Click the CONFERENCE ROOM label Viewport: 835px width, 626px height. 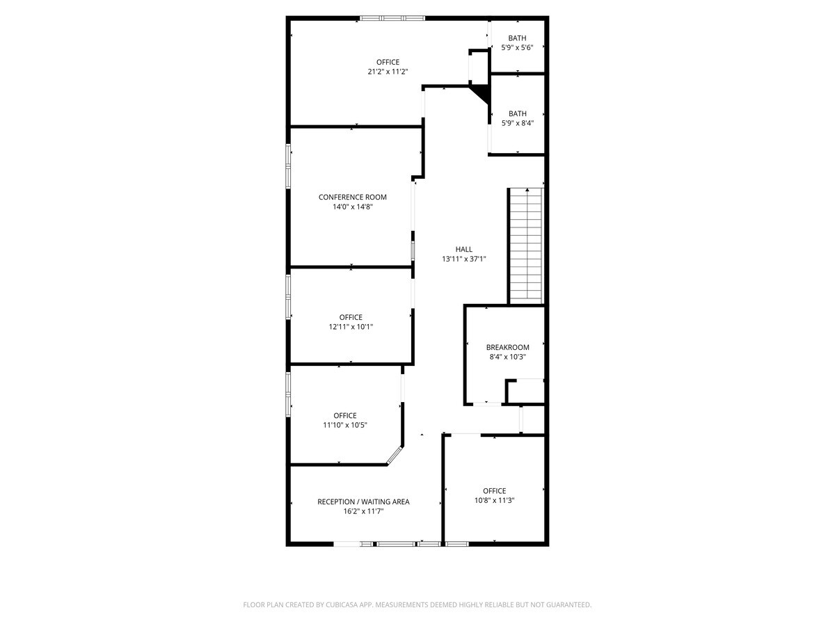pos(353,197)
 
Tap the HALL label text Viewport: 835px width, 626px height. pos(464,249)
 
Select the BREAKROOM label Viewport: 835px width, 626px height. pos(508,347)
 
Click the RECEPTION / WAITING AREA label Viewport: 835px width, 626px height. pos(363,501)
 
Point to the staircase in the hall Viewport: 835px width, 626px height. pos(525,245)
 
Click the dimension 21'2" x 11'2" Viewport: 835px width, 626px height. pos(388,72)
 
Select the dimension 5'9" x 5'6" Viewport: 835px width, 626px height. pos(518,48)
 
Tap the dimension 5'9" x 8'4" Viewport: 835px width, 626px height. pos(518,123)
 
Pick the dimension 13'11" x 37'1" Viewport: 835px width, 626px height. pos(464,259)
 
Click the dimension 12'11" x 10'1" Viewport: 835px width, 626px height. pos(351,327)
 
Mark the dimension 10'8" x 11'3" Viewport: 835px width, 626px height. pos(495,500)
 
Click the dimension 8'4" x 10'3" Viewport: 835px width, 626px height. pos(508,357)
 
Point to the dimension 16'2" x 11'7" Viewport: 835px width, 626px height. pos(363,511)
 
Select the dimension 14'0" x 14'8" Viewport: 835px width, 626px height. pos(353,207)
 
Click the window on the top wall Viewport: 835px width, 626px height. pos(392,18)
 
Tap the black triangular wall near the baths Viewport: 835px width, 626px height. pos(481,93)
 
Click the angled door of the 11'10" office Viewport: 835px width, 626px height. pos(395,455)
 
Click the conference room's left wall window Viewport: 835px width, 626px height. pos(288,165)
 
